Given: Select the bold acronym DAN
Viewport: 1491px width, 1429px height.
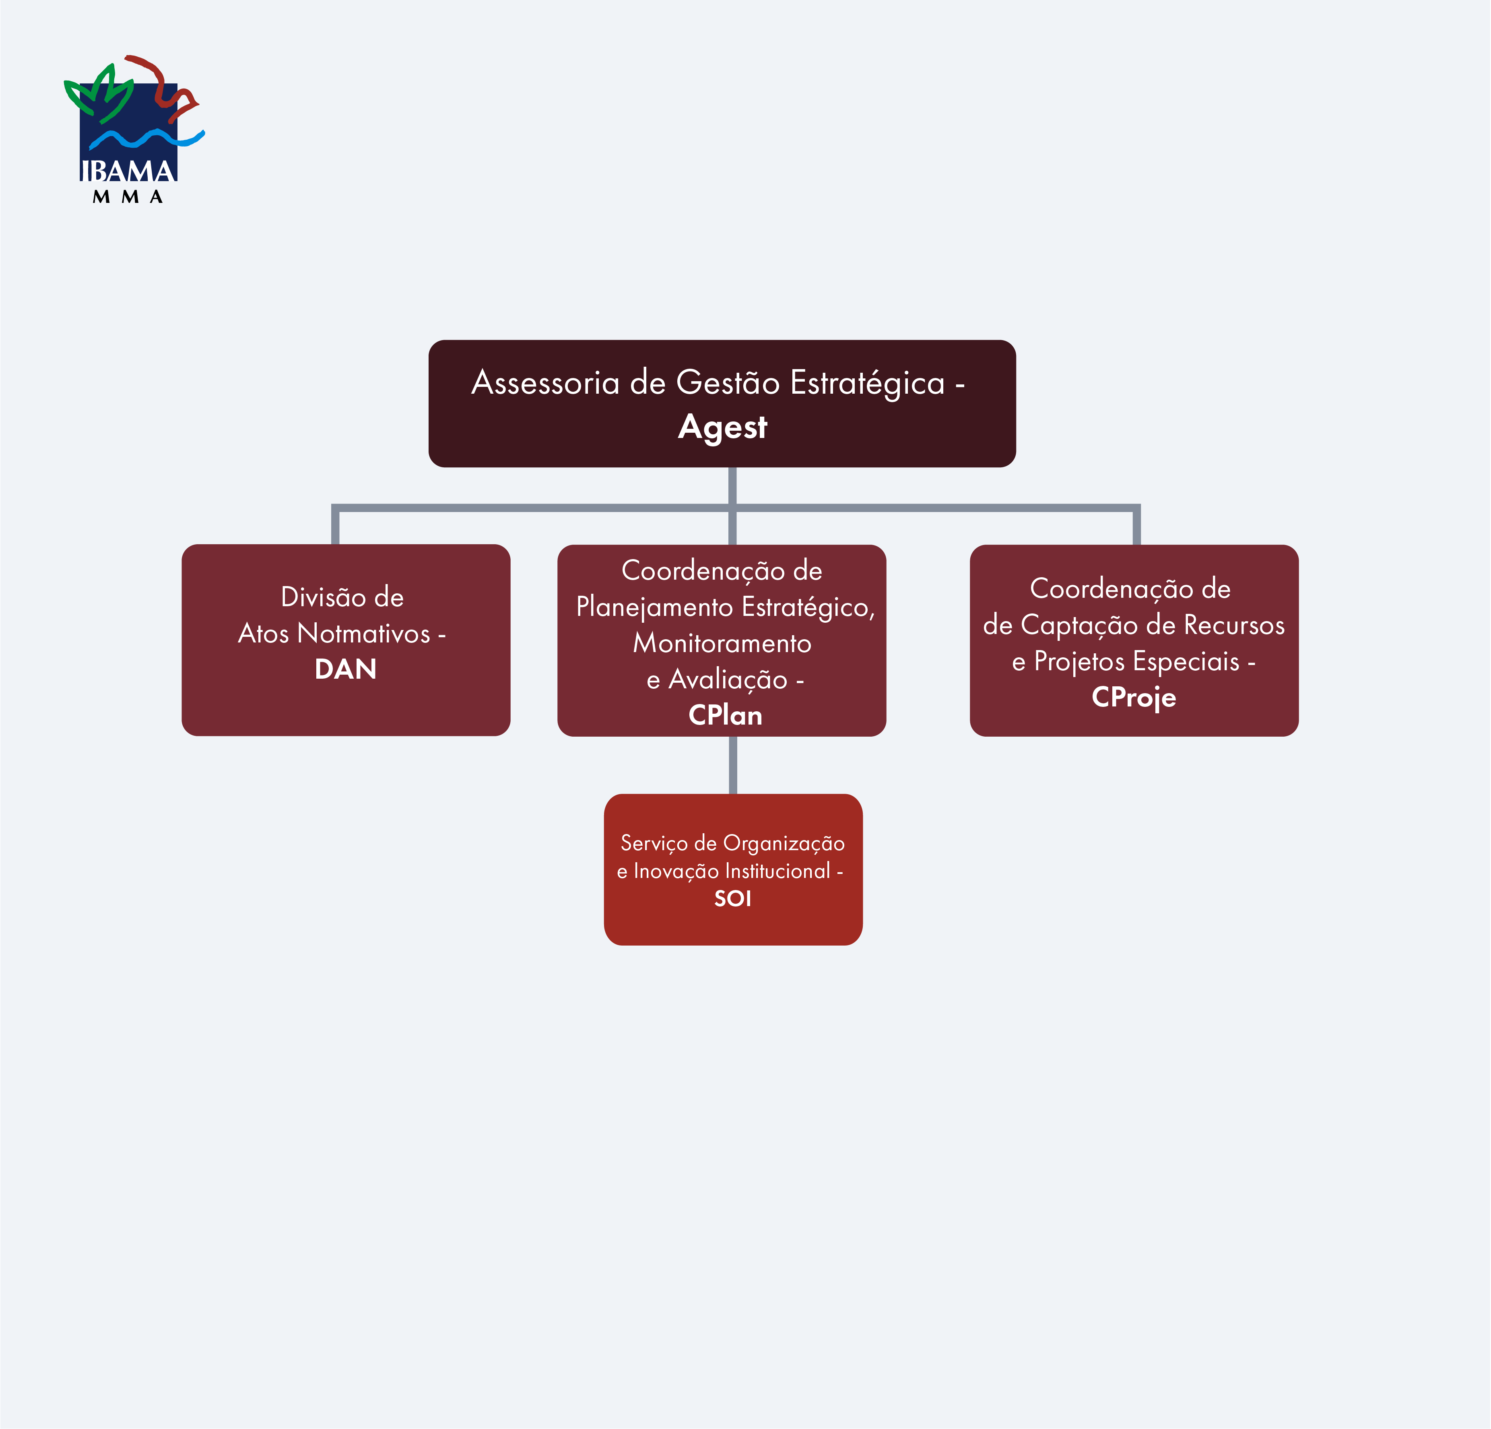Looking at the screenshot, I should point(345,669).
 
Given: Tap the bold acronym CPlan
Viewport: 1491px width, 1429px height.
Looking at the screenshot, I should point(725,715).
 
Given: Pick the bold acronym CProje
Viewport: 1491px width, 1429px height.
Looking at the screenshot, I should point(1134,697).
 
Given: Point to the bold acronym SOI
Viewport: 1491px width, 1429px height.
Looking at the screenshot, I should point(732,898).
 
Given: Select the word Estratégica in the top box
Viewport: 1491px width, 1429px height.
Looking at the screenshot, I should point(867,383).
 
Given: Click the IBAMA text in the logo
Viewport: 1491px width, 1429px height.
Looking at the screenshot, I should point(128,170).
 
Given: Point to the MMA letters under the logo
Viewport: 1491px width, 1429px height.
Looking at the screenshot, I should point(128,197).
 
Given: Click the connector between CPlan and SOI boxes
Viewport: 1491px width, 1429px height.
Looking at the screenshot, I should point(732,765).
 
